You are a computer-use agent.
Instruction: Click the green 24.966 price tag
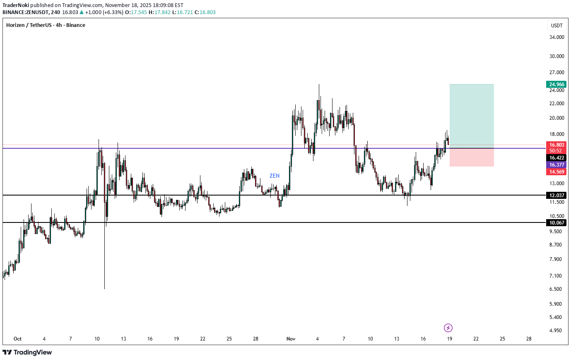click(x=556, y=85)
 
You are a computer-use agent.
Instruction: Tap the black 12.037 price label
click(x=556, y=195)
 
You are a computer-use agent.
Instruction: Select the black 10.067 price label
click(x=556, y=223)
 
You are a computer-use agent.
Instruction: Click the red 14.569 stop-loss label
click(x=556, y=172)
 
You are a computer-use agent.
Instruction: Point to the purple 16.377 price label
click(x=556, y=165)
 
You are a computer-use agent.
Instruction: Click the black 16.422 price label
click(x=556, y=158)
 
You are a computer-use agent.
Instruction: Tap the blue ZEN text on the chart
click(x=275, y=176)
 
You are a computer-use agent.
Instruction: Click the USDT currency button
click(x=557, y=25)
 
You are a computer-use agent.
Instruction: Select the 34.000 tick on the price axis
click(x=557, y=37)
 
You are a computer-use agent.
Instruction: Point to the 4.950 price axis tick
click(x=556, y=331)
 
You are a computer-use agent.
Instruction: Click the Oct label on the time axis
click(x=17, y=339)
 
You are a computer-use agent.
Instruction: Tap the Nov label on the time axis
click(x=291, y=339)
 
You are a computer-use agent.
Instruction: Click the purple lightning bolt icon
click(x=448, y=328)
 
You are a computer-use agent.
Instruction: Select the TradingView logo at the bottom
click(x=27, y=353)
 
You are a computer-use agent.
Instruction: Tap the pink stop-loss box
click(x=472, y=157)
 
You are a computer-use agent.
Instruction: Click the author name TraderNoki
click(x=16, y=5)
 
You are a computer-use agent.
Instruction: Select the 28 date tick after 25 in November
click(x=529, y=339)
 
